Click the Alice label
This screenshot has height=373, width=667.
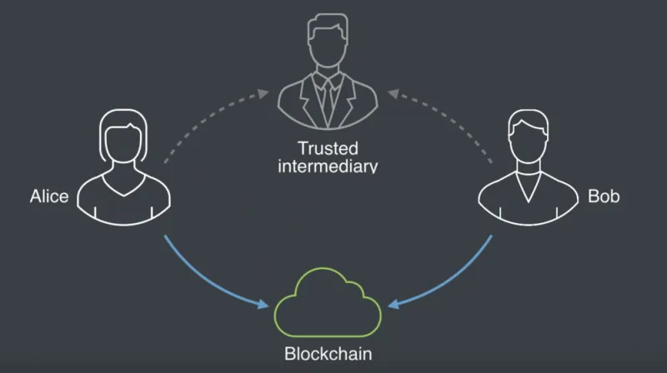click(x=48, y=197)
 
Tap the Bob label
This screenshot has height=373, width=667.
click(x=604, y=197)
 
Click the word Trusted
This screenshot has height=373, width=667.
click(x=328, y=148)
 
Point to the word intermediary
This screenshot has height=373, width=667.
click(x=328, y=166)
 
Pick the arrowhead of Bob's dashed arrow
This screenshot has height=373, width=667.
click(x=385, y=93)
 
